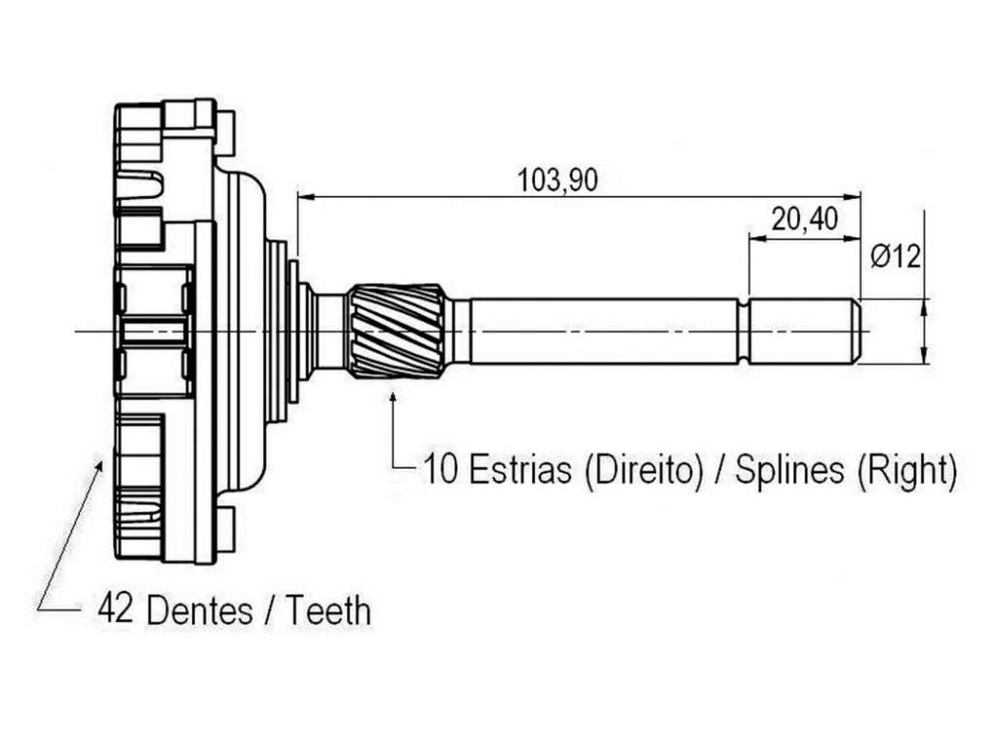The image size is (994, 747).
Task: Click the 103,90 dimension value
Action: tap(558, 180)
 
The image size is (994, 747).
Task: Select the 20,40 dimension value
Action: tap(805, 220)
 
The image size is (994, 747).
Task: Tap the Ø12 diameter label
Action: tap(896, 257)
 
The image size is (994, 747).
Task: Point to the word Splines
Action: tap(789, 471)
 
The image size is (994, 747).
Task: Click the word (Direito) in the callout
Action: tap(644, 471)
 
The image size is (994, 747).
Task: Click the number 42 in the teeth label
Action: tap(116, 609)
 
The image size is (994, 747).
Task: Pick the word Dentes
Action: tap(199, 610)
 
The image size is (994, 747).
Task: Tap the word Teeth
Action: tap(328, 610)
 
